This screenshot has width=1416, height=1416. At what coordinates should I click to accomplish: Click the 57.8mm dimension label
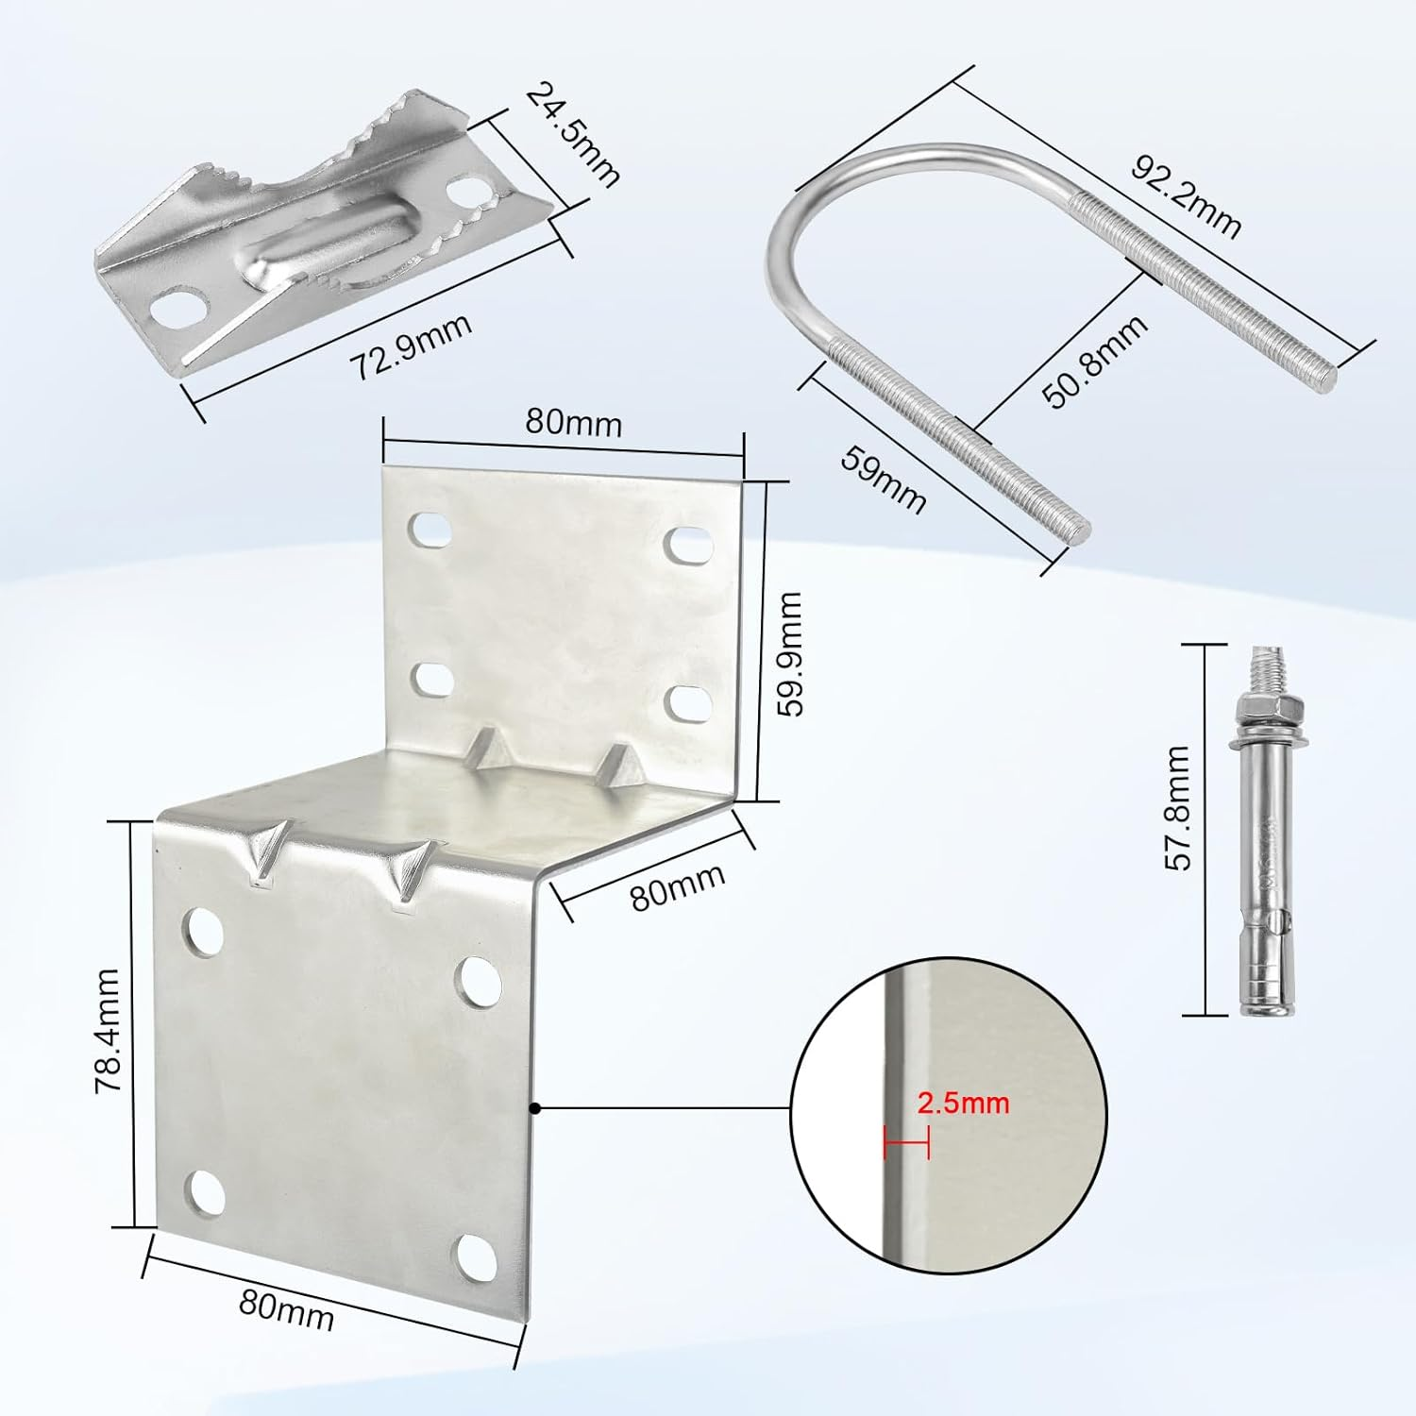tap(1178, 807)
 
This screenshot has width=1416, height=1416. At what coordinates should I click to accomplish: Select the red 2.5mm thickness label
tap(963, 1103)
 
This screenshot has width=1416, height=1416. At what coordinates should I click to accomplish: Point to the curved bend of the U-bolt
tap(802, 227)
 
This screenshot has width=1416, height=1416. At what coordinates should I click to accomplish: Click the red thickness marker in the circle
tap(906, 1143)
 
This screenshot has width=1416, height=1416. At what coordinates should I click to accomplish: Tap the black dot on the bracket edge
tap(534, 1108)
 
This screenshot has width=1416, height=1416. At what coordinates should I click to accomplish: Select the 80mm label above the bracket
tap(573, 422)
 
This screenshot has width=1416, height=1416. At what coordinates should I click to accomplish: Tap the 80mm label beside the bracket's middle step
tap(678, 886)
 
